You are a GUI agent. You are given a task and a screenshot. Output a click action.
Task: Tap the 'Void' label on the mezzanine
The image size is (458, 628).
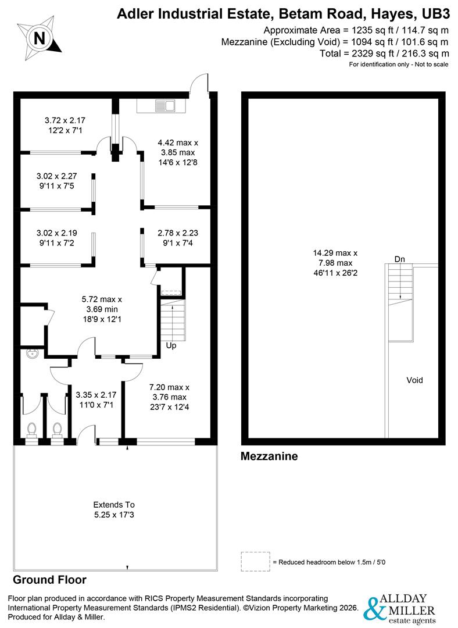click(x=414, y=380)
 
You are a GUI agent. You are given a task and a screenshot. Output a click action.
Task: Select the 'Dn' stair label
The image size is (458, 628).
click(x=399, y=259)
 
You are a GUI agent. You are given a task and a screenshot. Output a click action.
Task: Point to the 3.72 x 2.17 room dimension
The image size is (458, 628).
click(x=65, y=125)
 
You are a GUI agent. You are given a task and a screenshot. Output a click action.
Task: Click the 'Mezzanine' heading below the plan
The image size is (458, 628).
click(x=269, y=456)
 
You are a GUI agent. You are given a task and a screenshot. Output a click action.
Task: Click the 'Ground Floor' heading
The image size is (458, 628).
click(x=49, y=580)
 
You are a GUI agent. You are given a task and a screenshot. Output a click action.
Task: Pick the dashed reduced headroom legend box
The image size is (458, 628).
click(x=255, y=561)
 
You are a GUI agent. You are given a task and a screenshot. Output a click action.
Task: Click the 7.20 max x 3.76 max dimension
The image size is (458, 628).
click(x=170, y=397)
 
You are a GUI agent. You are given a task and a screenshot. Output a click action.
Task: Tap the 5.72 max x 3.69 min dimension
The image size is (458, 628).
click(x=102, y=308)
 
